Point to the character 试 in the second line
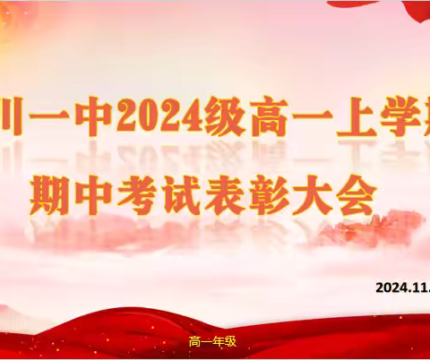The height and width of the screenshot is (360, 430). click(190, 192)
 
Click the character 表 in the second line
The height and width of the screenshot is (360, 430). click(236, 192)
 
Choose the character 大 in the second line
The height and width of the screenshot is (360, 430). click(327, 192)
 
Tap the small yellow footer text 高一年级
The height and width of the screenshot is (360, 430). click(212, 341)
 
